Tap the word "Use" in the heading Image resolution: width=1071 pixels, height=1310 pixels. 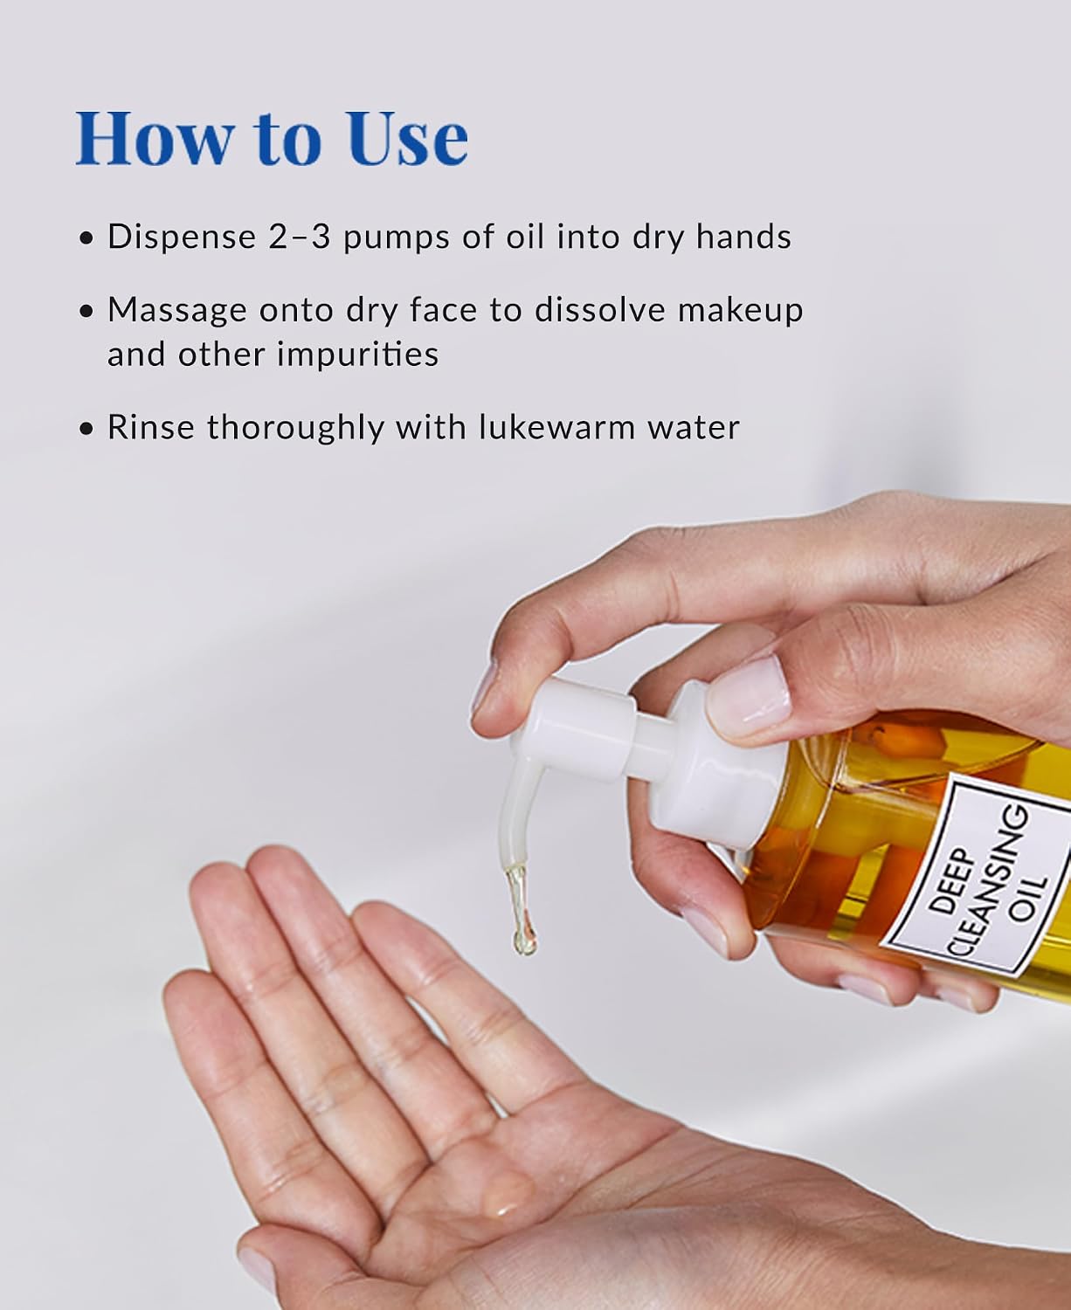408,138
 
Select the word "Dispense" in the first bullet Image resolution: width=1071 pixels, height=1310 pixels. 182,238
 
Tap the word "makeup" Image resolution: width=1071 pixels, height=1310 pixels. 741,311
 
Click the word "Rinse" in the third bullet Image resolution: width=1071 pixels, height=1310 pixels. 151,427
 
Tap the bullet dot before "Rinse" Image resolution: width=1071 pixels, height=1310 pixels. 87,429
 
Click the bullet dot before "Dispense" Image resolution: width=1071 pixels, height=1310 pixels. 87,238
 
